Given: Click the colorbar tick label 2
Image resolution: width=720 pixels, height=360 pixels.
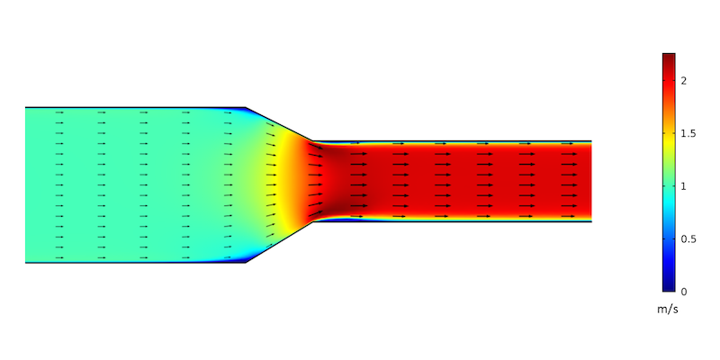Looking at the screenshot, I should click(x=684, y=80).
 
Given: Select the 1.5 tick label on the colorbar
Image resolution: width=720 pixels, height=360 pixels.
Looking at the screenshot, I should click(x=688, y=133).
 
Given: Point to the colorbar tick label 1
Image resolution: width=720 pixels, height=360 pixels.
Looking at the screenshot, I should click(x=684, y=186).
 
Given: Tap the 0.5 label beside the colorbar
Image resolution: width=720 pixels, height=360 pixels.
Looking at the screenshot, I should click(x=688, y=238).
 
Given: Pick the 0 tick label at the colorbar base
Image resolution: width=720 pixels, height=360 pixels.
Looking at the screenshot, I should click(x=684, y=292).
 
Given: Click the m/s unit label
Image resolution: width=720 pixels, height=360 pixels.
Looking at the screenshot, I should click(x=669, y=310).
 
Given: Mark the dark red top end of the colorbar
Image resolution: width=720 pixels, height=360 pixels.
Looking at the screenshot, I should click(x=669, y=57).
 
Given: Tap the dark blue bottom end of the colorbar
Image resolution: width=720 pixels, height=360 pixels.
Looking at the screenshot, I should click(x=669, y=288).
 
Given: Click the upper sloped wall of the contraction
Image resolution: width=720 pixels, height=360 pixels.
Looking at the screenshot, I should click(x=279, y=124).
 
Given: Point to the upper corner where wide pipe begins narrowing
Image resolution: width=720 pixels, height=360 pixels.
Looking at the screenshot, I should click(x=247, y=107).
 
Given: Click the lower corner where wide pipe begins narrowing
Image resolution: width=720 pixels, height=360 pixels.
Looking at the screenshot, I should click(x=247, y=263).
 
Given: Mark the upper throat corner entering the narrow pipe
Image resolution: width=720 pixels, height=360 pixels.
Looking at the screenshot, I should click(x=312, y=141).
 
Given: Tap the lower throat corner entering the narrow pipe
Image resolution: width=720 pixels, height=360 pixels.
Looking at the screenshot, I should click(x=312, y=221).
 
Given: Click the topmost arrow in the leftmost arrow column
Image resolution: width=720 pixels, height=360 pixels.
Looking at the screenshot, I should click(x=59, y=112).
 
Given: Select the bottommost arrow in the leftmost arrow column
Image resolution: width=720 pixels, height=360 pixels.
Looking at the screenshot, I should click(x=59, y=257).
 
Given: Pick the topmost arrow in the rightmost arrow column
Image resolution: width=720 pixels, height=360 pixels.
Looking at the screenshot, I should click(x=569, y=143).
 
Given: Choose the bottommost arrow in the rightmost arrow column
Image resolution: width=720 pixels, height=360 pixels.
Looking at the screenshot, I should click(x=569, y=217).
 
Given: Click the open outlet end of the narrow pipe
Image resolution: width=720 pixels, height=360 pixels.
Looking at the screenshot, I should click(x=590, y=181).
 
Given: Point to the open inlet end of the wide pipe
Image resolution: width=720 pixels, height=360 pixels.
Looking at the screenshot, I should click(x=26, y=184).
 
